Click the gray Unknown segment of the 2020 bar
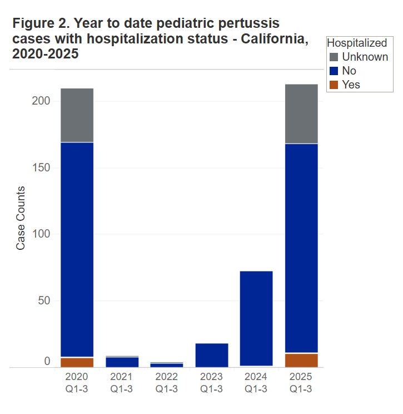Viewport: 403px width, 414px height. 77,115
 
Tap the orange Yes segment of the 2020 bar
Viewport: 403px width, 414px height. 77,362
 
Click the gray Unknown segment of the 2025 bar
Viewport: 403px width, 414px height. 301,114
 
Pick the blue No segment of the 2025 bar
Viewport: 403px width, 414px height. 301,248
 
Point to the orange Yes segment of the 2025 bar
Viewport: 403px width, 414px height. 301,360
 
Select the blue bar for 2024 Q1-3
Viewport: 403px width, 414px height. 256,318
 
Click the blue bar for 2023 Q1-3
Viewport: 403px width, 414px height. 211,355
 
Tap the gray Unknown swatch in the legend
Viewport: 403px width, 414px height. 334,57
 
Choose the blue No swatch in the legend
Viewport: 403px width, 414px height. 334,71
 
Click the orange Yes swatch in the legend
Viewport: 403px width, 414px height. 334,85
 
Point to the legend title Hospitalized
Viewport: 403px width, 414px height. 357,43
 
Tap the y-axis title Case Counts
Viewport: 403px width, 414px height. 21,218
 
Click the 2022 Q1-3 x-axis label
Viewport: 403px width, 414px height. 167,383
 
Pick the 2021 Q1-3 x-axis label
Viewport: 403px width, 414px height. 122,383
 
